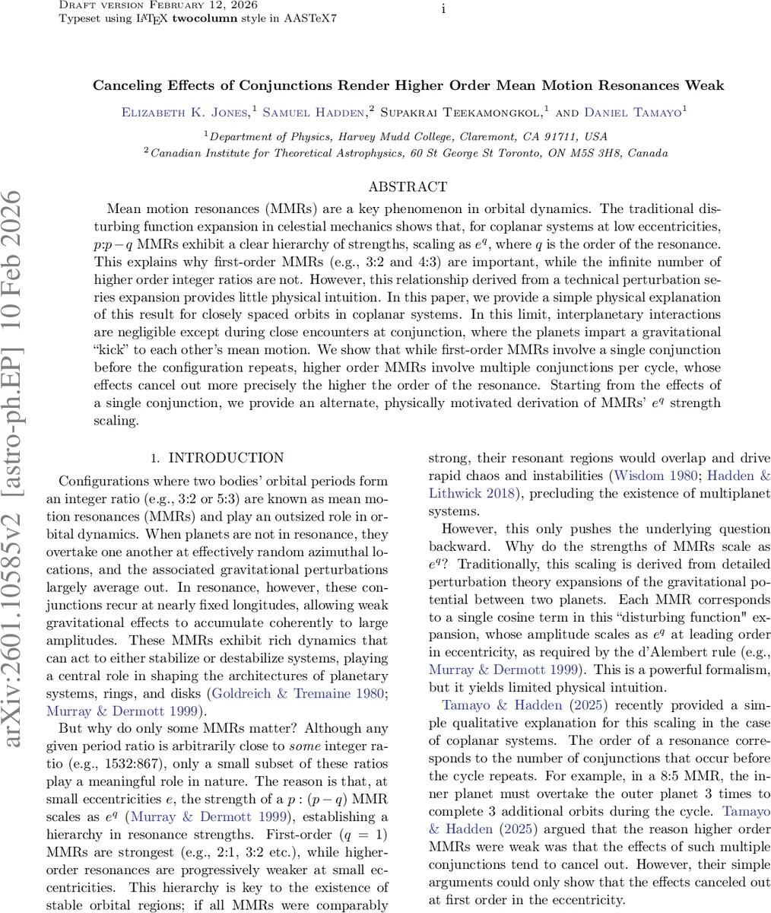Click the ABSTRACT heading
[x=408, y=186]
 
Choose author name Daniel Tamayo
[x=633, y=113]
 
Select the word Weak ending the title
[x=705, y=85]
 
